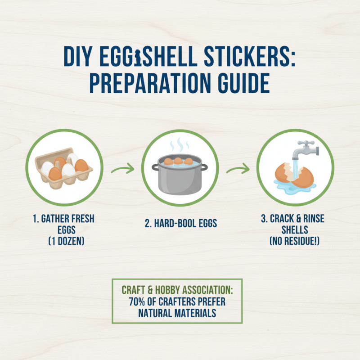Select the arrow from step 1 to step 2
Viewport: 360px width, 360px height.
pyautogui.click(x=122, y=170)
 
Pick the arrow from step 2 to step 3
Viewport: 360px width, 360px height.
pyautogui.click(x=237, y=170)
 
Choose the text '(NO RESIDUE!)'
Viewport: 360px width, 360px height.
pyautogui.click(x=295, y=241)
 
